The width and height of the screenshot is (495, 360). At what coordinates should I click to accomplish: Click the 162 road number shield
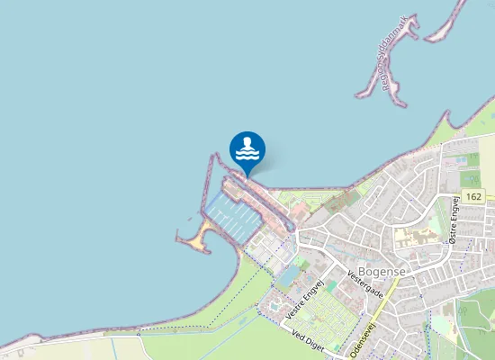click(x=475, y=196)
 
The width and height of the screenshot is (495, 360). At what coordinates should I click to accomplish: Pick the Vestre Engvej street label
click(x=304, y=301)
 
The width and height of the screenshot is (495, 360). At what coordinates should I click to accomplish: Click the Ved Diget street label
click(x=308, y=340)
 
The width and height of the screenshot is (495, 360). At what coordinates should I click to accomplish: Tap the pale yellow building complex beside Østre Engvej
click(x=416, y=238)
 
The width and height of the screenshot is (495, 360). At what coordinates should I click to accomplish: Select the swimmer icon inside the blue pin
click(x=247, y=148)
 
